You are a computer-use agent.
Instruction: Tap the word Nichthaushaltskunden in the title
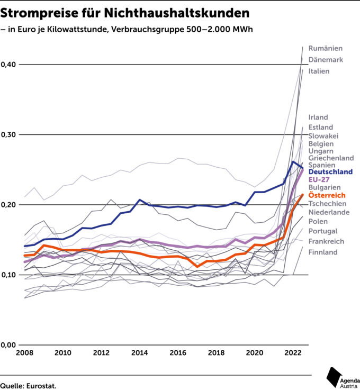tap(177, 13)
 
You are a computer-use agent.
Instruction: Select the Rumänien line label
tap(326, 48)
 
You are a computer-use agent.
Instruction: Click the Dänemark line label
tap(326, 60)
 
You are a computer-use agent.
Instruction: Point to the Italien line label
tap(319, 71)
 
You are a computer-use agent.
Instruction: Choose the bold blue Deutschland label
tap(330, 171)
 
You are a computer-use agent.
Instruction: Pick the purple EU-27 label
tap(319, 179)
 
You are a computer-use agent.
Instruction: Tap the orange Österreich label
tap(327, 195)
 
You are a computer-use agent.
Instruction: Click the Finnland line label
tap(323, 252)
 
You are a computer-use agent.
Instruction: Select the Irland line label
tap(318, 117)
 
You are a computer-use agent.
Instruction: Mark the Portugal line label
tap(323, 231)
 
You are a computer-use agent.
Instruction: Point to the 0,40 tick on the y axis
tap(8, 65)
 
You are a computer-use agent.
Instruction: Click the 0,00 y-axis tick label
tap(8, 345)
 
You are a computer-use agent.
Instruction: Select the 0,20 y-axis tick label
tap(8, 205)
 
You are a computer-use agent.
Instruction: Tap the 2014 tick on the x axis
tap(139, 352)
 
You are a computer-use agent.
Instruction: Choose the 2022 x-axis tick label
tap(293, 352)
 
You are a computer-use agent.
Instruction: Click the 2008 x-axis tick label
tap(24, 352)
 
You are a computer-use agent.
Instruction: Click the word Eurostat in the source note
tap(41, 386)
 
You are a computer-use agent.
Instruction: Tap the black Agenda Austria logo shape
tap(333, 377)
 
